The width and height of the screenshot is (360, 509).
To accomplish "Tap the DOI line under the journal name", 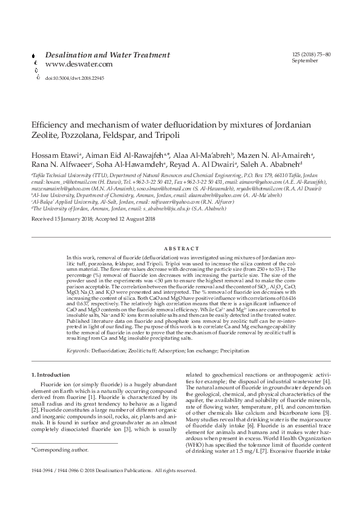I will pyautogui.click(x=74, y=78).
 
